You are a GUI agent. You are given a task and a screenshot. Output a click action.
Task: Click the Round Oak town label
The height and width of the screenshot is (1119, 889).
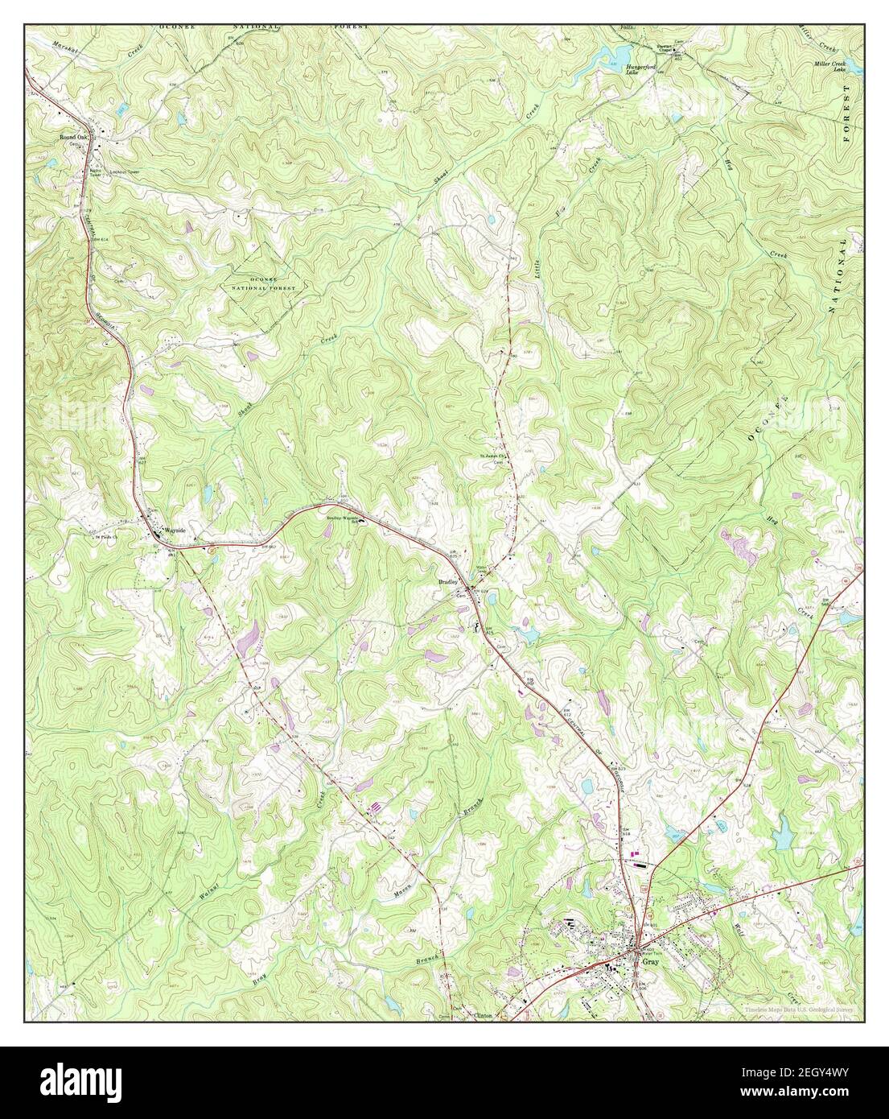click(x=71, y=138)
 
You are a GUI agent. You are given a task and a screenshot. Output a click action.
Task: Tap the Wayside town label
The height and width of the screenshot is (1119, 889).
click(x=175, y=531)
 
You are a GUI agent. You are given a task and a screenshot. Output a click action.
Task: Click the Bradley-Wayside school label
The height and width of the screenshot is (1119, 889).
click(x=340, y=518)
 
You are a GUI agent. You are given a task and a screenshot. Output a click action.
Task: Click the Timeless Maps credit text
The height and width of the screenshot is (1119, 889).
click(x=798, y=1010)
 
